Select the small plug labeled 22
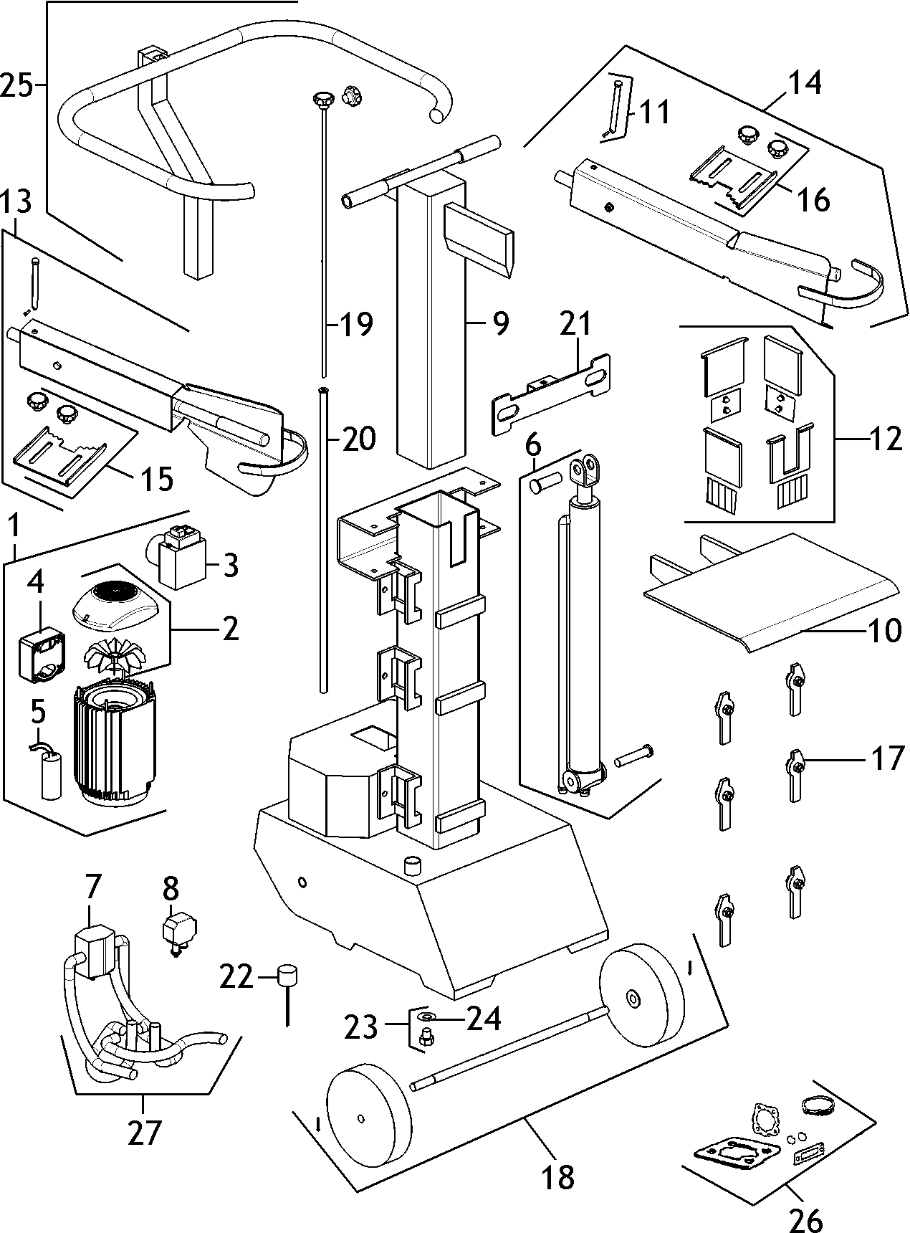tap(287, 977)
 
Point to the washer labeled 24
tap(428, 1017)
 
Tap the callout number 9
tap(500, 323)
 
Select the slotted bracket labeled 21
tap(552, 392)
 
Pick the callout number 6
tap(533, 446)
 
